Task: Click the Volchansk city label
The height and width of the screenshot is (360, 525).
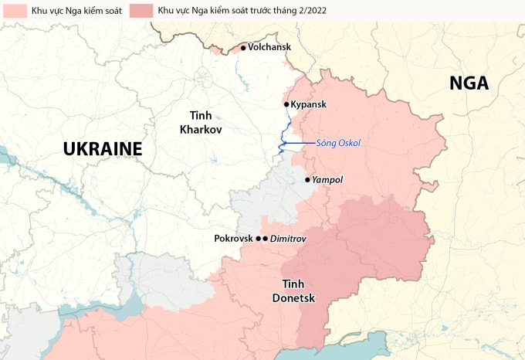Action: point(270,48)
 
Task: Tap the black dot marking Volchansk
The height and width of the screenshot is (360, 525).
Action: point(243,48)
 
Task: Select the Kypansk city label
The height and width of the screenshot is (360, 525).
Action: point(309,104)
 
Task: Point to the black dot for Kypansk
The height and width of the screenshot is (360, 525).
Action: point(286,104)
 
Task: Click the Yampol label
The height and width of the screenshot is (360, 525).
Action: point(327,180)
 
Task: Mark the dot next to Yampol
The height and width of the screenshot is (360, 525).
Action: point(307,180)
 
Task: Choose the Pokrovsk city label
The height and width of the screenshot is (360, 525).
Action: point(234,239)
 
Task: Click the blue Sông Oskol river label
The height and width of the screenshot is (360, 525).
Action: point(338,143)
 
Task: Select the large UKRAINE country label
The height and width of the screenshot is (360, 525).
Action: point(103,148)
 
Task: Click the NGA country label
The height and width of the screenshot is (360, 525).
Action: point(469,83)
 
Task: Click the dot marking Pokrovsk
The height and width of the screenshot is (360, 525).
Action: point(258,239)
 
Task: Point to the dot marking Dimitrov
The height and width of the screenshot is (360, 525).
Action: point(265,239)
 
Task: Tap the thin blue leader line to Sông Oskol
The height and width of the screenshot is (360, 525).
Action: point(300,144)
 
